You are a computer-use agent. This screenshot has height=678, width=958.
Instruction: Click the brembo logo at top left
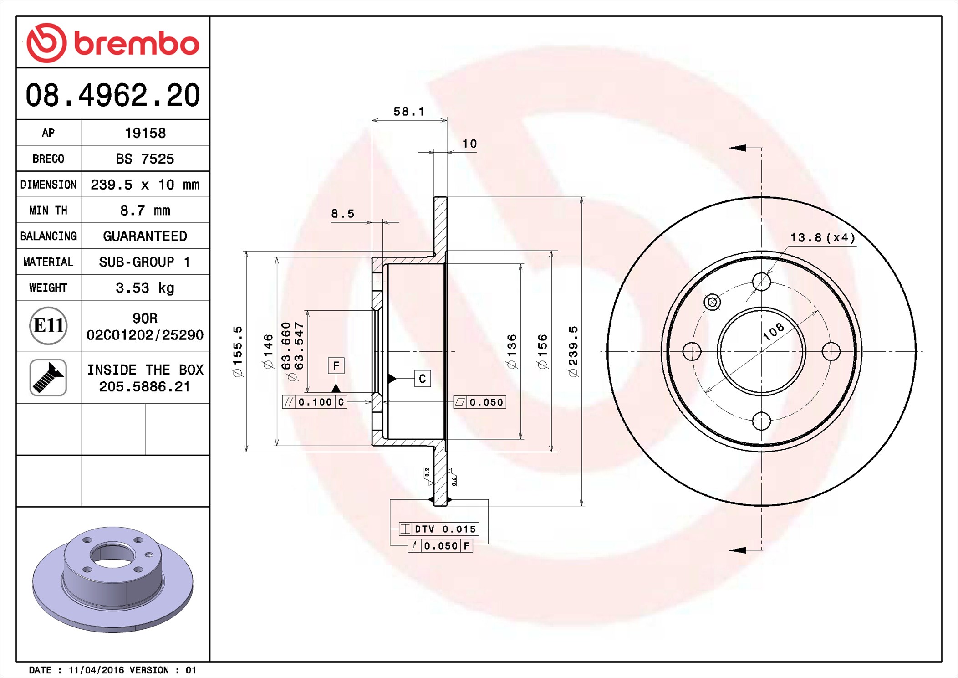point(113,43)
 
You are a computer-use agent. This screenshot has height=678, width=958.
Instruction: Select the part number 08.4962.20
point(113,95)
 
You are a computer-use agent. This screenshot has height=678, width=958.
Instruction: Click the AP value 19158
point(145,133)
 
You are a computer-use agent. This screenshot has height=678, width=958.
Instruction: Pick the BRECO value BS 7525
point(145,159)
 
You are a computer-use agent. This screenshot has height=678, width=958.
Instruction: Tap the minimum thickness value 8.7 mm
point(145,211)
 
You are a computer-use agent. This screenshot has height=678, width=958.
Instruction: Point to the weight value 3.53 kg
point(145,288)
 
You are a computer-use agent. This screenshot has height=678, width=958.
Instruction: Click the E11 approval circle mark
point(48,326)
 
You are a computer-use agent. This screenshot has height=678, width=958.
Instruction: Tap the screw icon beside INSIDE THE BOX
point(48,377)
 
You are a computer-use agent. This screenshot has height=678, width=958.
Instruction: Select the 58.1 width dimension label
point(409,112)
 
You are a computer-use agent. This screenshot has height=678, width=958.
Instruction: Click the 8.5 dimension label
point(342,214)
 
